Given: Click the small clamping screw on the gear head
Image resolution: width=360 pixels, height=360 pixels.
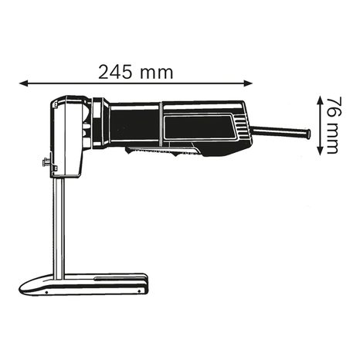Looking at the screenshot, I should click(46, 163).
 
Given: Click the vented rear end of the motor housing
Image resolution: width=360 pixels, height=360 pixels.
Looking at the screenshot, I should click(240, 127).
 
